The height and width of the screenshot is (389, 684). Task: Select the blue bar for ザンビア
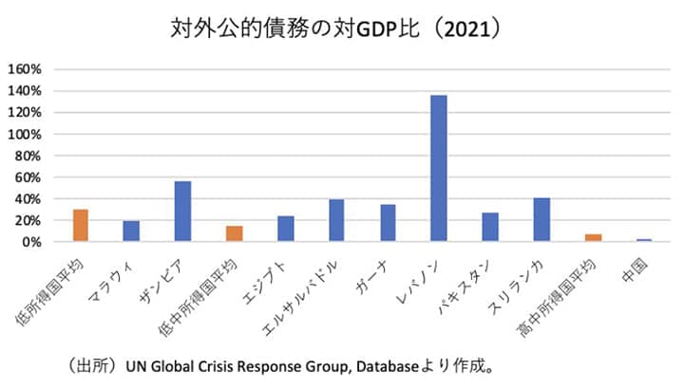(182, 212)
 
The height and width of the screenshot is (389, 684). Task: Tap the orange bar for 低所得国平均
(80, 226)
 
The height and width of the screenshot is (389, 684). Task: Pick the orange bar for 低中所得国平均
(234, 234)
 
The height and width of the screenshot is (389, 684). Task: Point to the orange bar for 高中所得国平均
(593, 238)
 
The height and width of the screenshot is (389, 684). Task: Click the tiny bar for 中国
(644, 240)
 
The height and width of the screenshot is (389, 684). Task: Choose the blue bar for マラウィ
(131, 232)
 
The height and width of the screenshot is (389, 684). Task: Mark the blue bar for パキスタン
(490, 228)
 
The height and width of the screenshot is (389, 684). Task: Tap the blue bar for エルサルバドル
(336, 221)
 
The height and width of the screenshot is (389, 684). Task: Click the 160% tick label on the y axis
(24, 69)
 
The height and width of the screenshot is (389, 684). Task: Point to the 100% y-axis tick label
(24, 134)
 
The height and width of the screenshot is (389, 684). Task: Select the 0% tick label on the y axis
(30, 242)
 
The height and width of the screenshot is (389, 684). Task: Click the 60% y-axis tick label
(28, 177)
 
